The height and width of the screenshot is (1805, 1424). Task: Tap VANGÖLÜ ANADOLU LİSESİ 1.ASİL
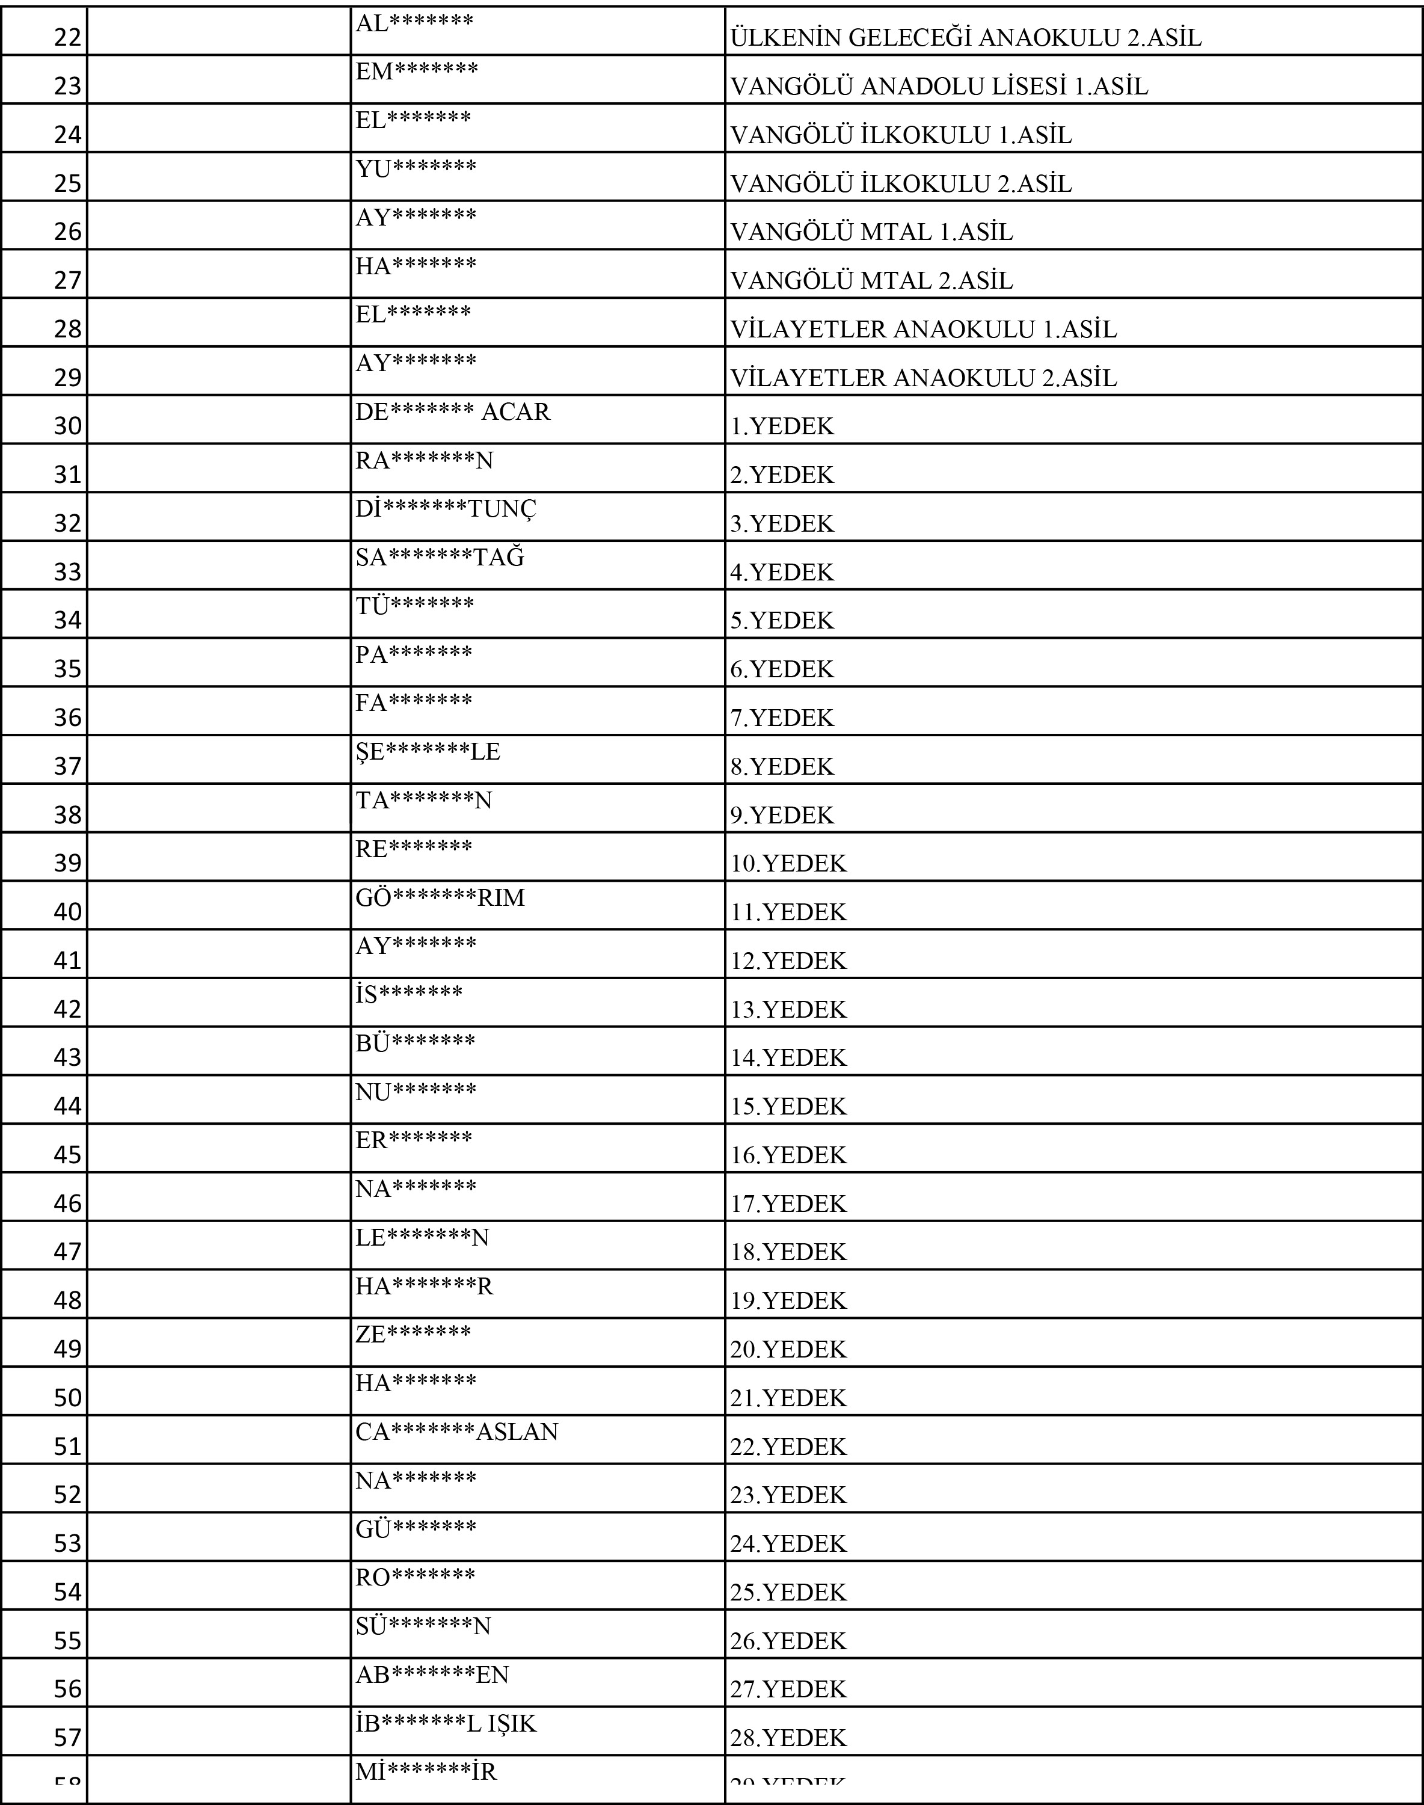(x=939, y=87)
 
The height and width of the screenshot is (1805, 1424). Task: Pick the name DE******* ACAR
(x=453, y=412)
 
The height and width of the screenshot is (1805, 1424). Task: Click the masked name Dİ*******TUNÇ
(x=446, y=509)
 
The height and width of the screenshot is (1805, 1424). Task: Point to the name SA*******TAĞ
(x=440, y=557)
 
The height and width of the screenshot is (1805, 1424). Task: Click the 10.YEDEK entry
(x=788, y=864)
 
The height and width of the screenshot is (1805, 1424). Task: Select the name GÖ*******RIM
(x=440, y=898)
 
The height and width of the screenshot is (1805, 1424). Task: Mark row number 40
(x=67, y=911)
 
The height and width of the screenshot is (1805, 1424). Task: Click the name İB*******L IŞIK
(x=446, y=1723)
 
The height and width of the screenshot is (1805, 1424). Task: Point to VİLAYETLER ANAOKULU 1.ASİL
(x=923, y=330)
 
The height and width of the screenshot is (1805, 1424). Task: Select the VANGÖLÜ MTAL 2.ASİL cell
(x=871, y=281)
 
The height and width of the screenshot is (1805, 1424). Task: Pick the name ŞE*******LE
(x=428, y=751)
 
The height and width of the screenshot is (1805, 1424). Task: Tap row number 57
(x=67, y=1738)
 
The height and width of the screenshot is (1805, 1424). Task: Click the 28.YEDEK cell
(x=788, y=1738)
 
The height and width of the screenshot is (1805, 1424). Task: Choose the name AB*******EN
(x=432, y=1675)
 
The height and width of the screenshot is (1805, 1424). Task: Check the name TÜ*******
(x=414, y=606)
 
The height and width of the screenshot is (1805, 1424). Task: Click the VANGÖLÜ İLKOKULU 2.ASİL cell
(x=900, y=183)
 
